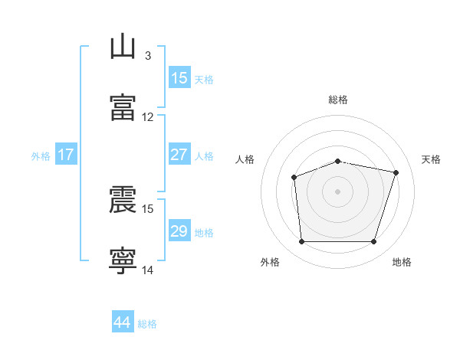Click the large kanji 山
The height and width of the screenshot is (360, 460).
(123, 46)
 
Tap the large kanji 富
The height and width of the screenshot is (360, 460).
(123, 107)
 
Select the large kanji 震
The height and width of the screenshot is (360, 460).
(123, 199)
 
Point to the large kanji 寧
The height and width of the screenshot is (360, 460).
(123, 260)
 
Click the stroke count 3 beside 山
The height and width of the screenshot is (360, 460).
(148, 56)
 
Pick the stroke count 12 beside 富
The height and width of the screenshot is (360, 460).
(147, 117)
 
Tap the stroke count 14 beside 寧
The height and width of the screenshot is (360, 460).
(147, 270)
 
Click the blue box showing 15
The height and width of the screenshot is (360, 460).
(179, 77)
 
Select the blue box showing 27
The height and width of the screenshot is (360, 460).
(179, 154)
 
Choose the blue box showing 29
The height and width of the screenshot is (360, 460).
(179, 230)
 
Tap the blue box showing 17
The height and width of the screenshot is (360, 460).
(66, 154)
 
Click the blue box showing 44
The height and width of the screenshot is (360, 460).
(123, 321)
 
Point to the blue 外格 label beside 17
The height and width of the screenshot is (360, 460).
(41, 156)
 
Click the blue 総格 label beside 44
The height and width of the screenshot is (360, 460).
(147, 324)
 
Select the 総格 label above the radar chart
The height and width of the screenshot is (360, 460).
(338, 100)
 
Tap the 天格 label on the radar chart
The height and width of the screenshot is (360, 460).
(431, 159)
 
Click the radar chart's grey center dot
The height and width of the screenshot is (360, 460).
(337, 191)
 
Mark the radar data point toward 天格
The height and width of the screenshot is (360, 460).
(396, 172)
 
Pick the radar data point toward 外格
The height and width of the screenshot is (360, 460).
(302, 241)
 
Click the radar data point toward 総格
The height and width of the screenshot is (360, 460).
(337, 162)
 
